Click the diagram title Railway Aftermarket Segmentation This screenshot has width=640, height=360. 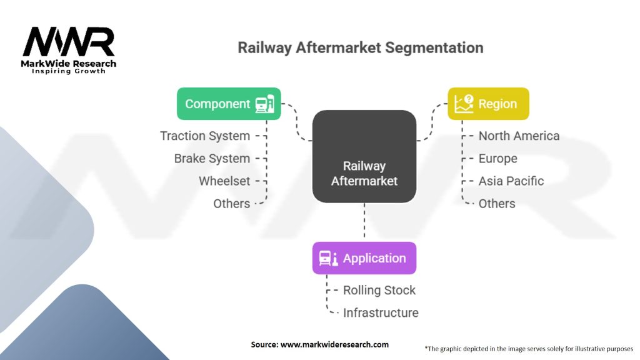coord(360,48)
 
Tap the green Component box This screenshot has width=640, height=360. coord(229,104)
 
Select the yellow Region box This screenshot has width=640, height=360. coord(488,104)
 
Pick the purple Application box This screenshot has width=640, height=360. coord(364,258)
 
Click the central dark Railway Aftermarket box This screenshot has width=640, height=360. coord(364,157)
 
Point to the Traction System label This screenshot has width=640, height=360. coord(205,136)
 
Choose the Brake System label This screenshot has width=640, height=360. coord(212,159)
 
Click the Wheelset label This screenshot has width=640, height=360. coord(224,181)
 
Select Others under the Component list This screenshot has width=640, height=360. coord(231,204)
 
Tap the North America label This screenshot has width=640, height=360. coord(519,136)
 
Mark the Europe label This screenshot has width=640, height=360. coord(497,159)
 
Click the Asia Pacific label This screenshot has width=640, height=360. coord(511,181)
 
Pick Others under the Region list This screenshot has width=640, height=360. coord(497,204)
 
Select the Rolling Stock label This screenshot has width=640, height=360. coord(379,290)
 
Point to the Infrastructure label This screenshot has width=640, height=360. coord(381,312)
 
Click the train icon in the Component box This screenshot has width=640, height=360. coord(265,104)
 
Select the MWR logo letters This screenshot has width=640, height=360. coord(69,42)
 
